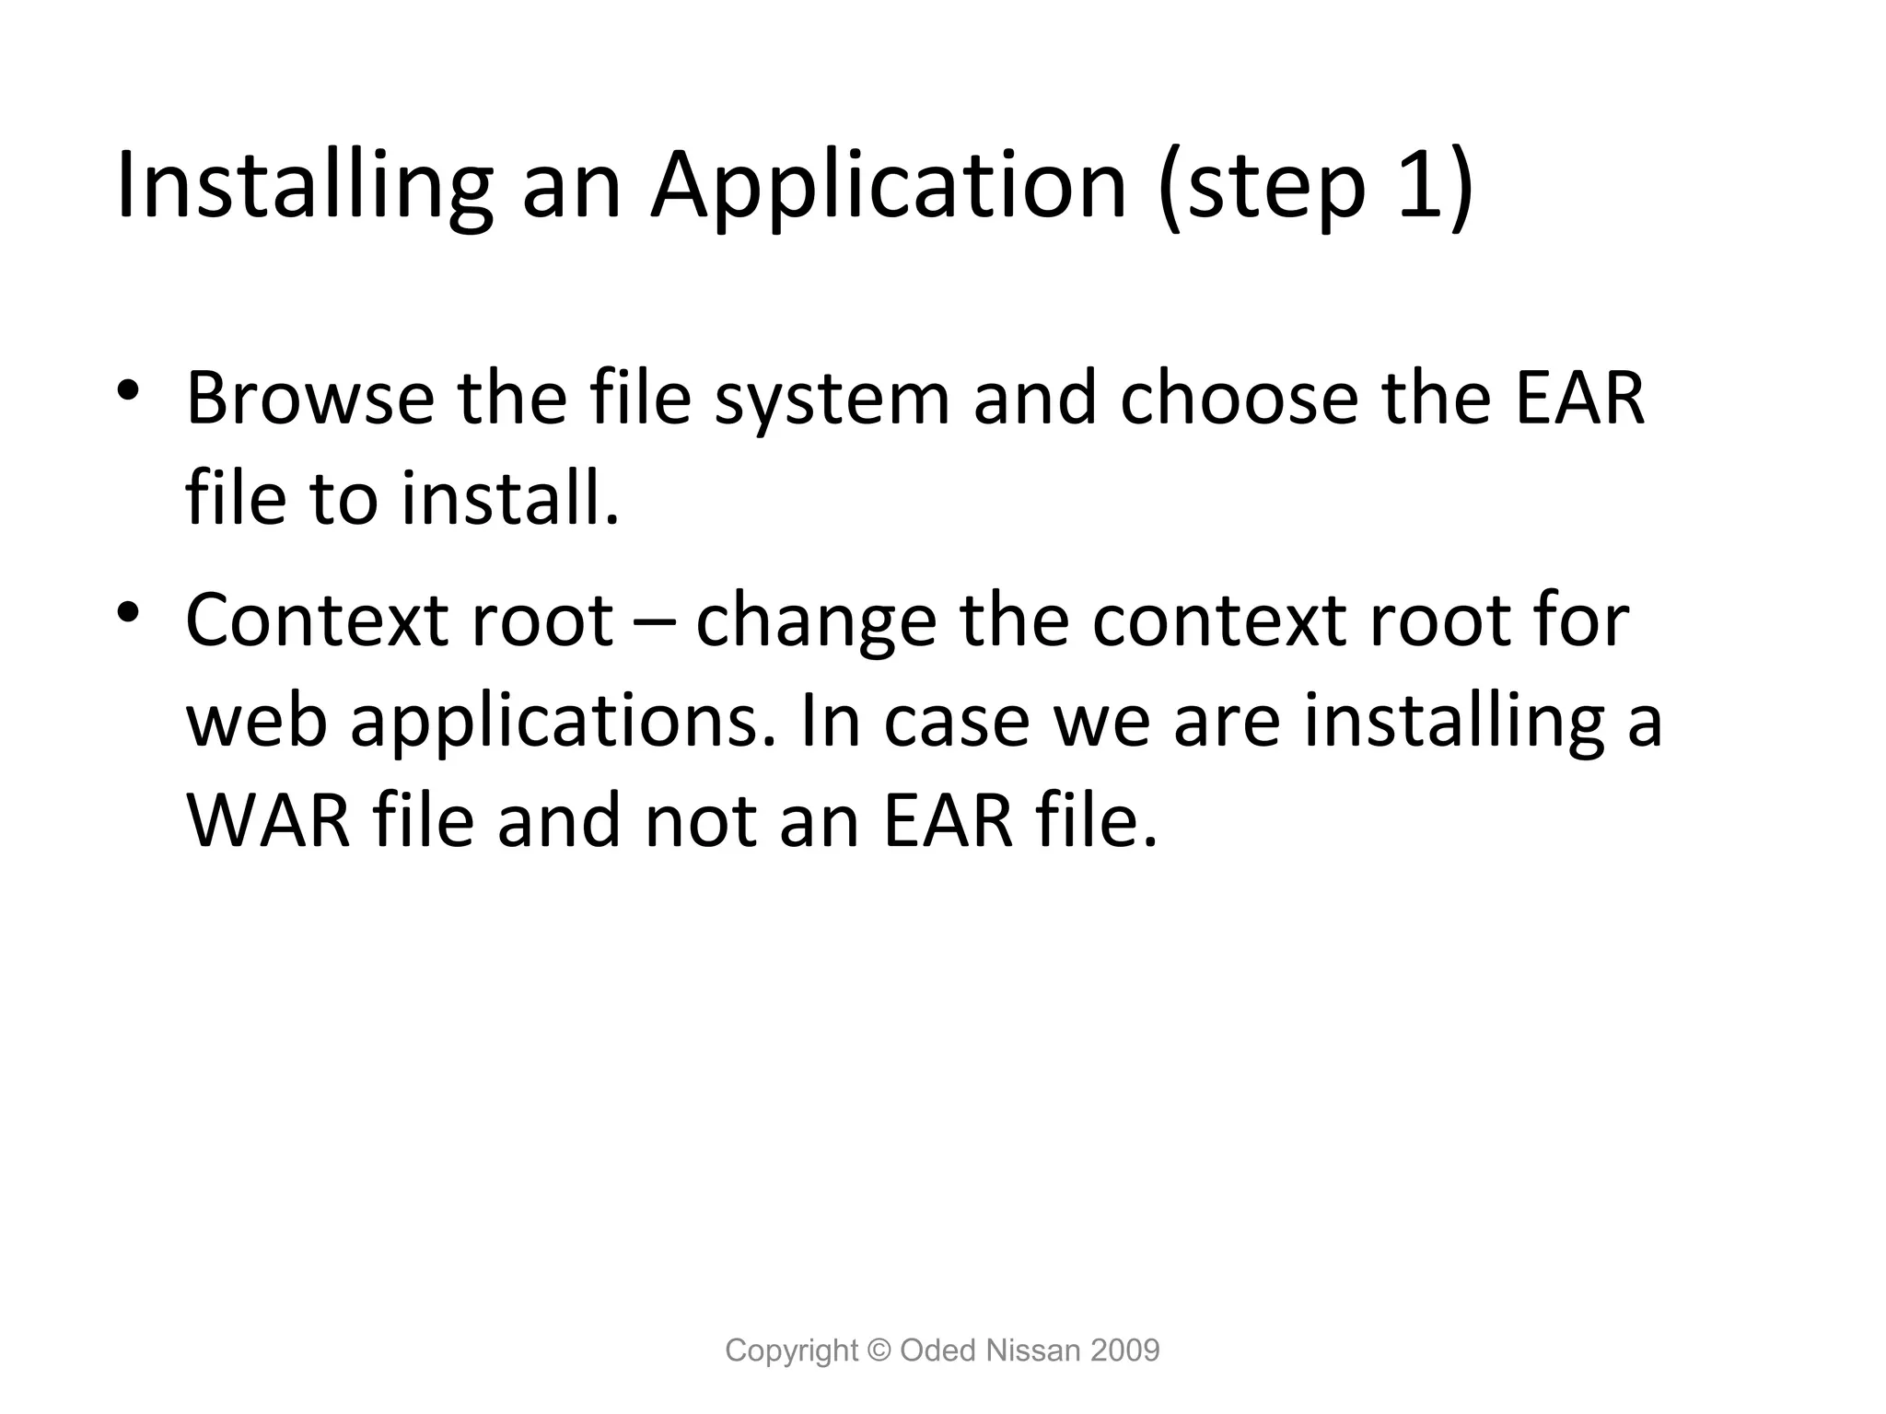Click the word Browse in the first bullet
click(309, 399)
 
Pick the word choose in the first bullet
click(1239, 399)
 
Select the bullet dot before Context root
click(128, 611)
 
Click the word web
click(257, 721)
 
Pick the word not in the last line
click(699, 820)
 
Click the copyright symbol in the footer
click(880, 1350)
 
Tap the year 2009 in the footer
click(1124, 1350)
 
